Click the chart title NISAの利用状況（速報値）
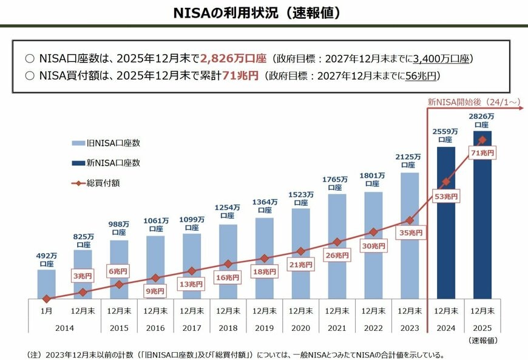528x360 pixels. [x=263, y=12]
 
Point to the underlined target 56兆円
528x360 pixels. [x=420, y=76]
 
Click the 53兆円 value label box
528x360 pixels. [x=446, y=196]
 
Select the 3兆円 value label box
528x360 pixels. [x=83, y=276]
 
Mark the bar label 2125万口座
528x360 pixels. [x=410, y=161]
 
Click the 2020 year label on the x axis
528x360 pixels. [x=300, y=327]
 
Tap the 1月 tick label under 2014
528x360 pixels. [x=46, y=310]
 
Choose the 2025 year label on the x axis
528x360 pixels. [x=482, y=327]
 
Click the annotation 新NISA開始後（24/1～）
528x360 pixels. [x=473, y=103]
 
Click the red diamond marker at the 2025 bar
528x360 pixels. [x=482, y=140]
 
